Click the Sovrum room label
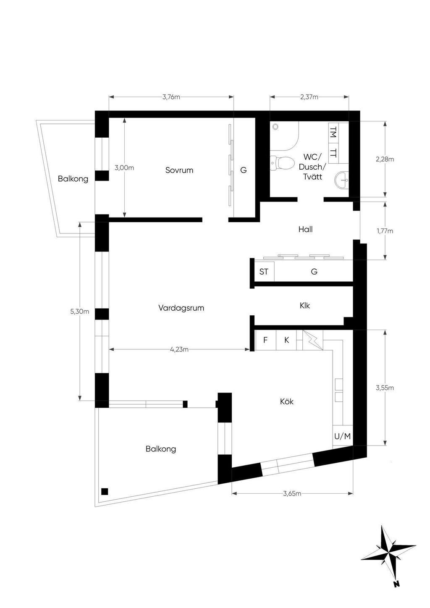point(179,170)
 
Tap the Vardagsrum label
point(181,308)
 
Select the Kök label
point(287,401)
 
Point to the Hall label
point(305,229)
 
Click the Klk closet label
point(304,306)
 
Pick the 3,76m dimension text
point(171,97)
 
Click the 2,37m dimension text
point(309,97)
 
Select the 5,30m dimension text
point(79,311)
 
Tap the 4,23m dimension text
point(179,349)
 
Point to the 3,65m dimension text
point(292,493)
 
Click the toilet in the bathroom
point(282,162)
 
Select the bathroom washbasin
point(342,180)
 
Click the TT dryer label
point(333,153)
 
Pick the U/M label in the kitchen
point(343,436)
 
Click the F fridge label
point(265,340)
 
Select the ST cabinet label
point(264,271)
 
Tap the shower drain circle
point(276,126)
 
